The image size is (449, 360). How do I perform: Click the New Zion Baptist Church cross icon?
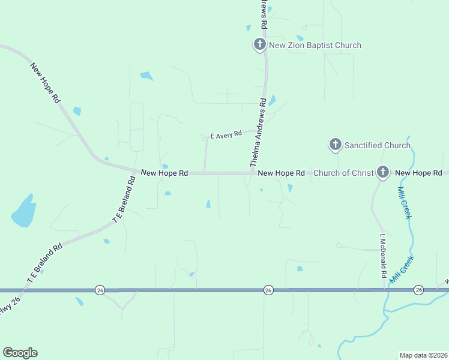click(x=259, y=44)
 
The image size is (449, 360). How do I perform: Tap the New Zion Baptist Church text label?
click(x=315, y=45)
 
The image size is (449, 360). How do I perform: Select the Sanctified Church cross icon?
click(x=335, y=145)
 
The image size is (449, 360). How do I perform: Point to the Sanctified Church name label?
click(x=377, y=145)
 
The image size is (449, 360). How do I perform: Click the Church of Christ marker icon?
click(x=382, y=172)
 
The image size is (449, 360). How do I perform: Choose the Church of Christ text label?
click(x=343, y=173)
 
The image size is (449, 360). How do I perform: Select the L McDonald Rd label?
click(x=382, y=255)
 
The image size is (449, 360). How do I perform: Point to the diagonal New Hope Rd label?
click(x=46, y=82)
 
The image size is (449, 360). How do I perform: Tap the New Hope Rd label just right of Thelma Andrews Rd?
click(x=281, y=173)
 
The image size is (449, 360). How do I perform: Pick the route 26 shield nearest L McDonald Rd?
click(x=418, y=290)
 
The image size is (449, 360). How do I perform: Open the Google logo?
click(x=20, y=353)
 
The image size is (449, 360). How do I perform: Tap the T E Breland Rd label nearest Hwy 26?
click(x=44, y=262)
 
